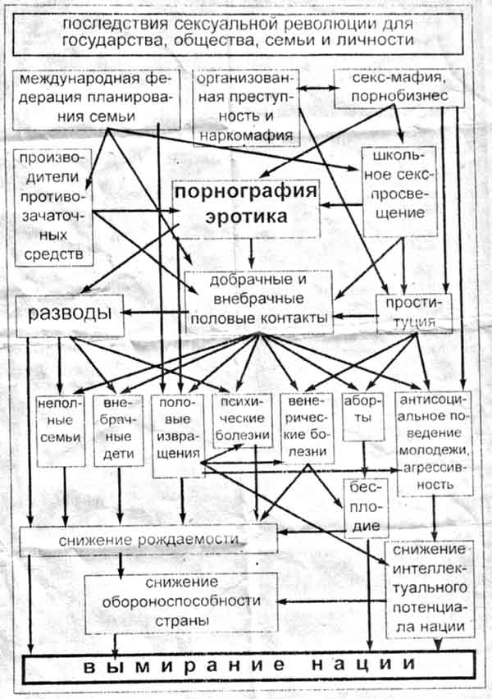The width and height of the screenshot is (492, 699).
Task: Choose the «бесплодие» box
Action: pos(367,506)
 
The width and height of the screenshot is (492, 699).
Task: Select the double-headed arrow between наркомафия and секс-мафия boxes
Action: pos(316,89)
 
